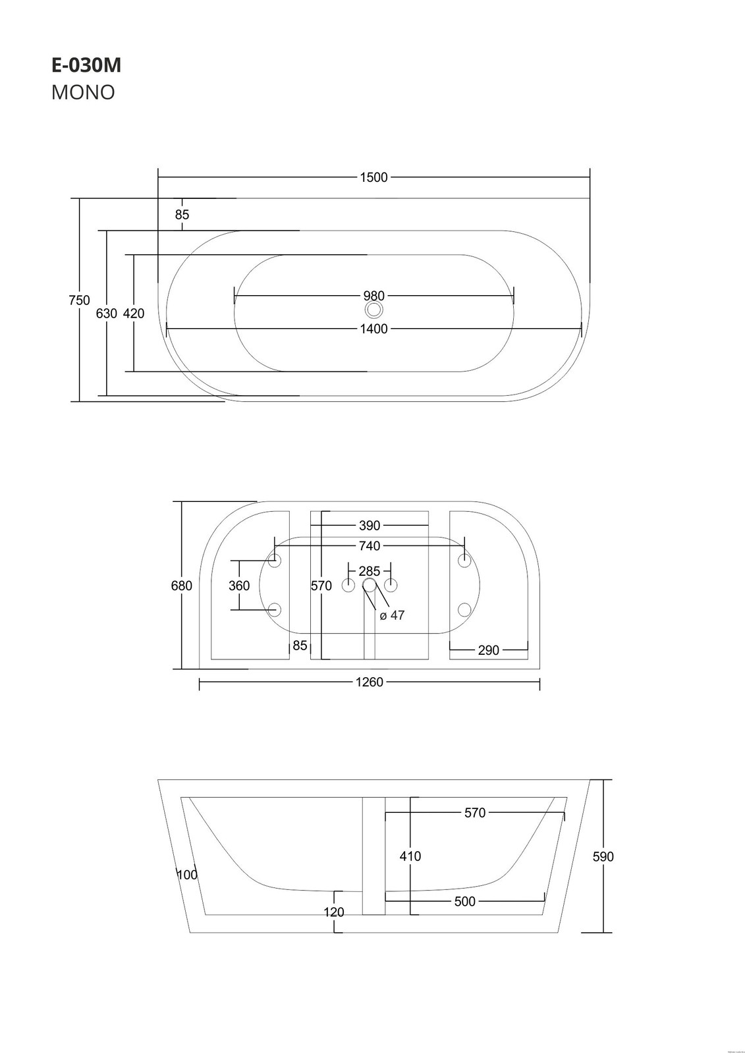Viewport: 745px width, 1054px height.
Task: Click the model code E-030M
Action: coord(86,66)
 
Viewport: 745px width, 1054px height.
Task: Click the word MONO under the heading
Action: coord(83,93)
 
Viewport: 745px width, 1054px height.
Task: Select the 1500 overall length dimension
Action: coord(373,177)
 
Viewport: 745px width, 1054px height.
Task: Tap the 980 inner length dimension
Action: coord(373,296)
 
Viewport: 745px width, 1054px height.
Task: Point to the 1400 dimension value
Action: coord(373,329)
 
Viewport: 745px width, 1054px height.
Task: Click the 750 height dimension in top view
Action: coord(79,300)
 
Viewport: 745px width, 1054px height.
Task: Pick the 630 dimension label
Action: coord(106,313)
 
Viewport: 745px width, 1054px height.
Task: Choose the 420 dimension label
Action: coord(134,313)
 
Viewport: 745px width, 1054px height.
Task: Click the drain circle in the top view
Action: coord(374,310)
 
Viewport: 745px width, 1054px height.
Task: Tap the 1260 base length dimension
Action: coord(370,682)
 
